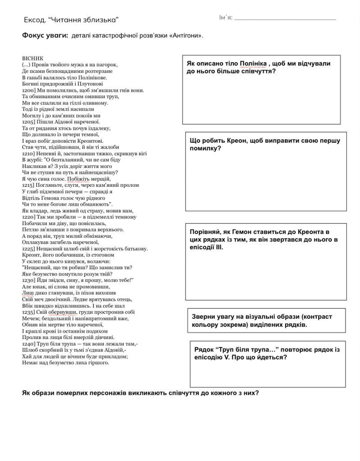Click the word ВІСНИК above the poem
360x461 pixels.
coord(32,59)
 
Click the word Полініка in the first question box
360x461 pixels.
coord(255,63)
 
